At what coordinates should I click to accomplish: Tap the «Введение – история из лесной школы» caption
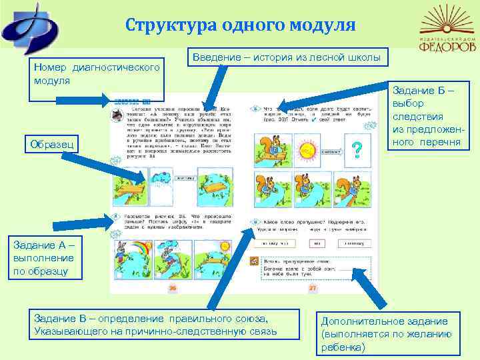pyautogui.click(x=287, y=58)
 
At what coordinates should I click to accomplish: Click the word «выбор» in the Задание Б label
pyautogui.click(x=408, y=103)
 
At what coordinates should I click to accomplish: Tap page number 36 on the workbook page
pyautogui.click(x=172, y=288)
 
